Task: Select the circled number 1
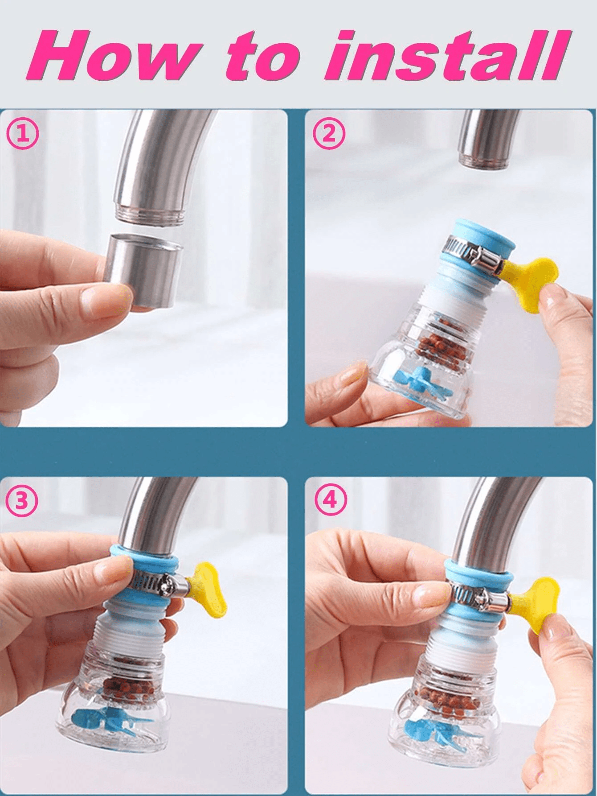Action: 22,134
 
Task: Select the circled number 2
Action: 329,134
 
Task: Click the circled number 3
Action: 22,501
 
